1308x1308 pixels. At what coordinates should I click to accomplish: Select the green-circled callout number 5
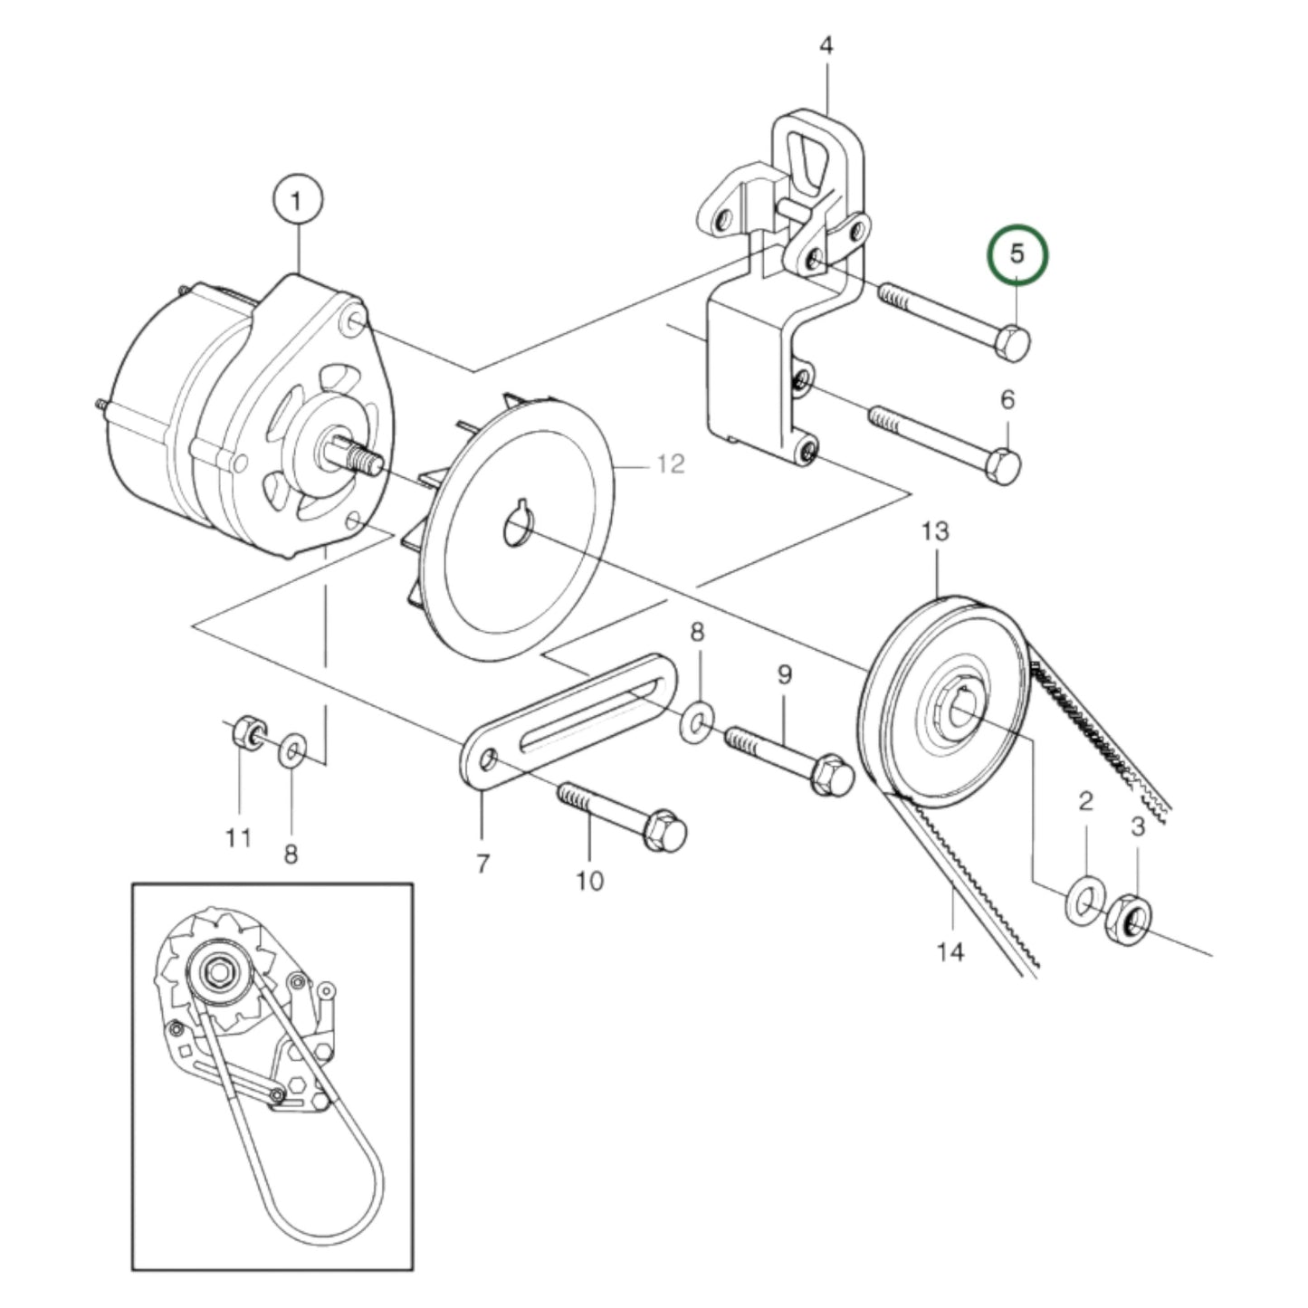(x=1016, y=254)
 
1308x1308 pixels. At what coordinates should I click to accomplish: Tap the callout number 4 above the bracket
(x=826, y=45)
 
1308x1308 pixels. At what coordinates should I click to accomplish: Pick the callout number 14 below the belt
(x=951, y=951)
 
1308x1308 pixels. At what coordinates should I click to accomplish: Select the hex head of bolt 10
(x=666, y=829)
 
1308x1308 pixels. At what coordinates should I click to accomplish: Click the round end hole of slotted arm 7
(x=489, y=758)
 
